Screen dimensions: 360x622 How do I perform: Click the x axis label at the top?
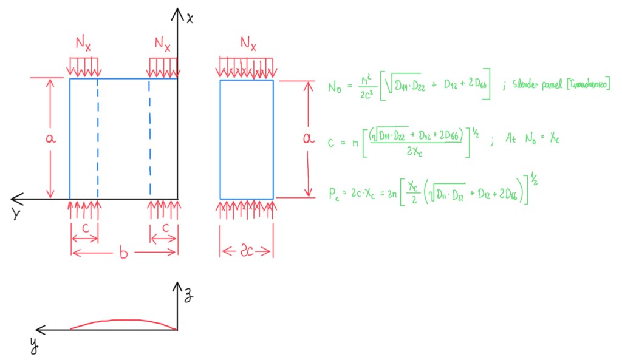click(190, 18)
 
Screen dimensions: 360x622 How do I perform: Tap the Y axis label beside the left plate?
click(16, 214)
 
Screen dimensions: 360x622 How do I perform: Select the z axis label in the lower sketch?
click(190, 296)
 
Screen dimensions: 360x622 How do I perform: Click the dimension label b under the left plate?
click(123, 254)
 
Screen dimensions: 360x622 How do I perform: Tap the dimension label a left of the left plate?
click(51, 138)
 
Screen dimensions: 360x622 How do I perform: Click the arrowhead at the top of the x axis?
click(177, 12)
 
